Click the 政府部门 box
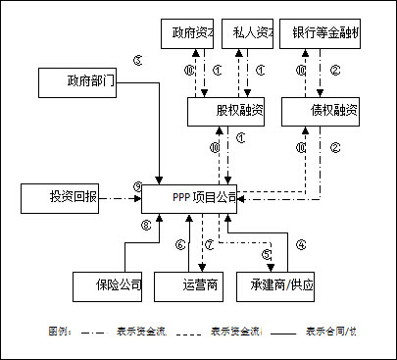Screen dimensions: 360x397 [x=77, y=82]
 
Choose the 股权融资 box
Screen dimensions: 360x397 [x=226, y=111]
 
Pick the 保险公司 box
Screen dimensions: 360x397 [x=108, y=286]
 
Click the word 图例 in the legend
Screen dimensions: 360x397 [x=60, y=332]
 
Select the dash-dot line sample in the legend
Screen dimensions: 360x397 [x=93, y=332]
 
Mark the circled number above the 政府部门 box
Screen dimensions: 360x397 [x=137, y=60]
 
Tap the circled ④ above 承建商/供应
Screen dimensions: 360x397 [x=301, y=244]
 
